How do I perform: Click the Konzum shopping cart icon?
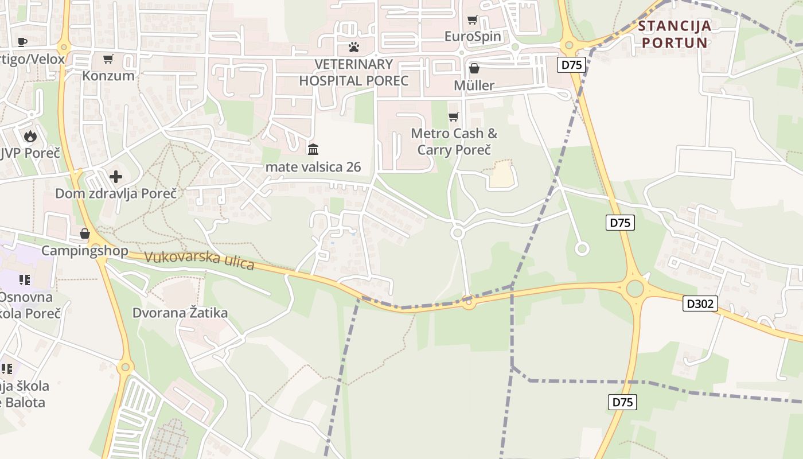tap(108, 59)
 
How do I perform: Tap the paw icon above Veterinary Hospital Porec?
tap(354, 46)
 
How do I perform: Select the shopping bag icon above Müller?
tap(474, 68)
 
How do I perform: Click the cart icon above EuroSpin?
tap(472, 20)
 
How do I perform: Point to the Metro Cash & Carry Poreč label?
tap(454, 142)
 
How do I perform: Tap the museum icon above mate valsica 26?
tap(313, 150)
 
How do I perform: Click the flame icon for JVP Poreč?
tap(30, 136)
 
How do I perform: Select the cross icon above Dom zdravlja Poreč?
tap(116, 176)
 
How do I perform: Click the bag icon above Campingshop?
tap(85, 234)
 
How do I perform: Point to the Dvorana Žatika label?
tap(180, 313)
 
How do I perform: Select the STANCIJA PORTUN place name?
tap(675, 34)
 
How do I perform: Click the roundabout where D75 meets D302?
tap(634, 289)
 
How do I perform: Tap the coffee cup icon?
tap(22, 41)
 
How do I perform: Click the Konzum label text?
tap(108, 76)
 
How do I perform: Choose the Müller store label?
tap(474, 85)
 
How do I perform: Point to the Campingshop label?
tap(85, 251)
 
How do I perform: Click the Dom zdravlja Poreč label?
tap(107, 193)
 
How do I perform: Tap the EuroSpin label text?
tap(473, 37)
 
